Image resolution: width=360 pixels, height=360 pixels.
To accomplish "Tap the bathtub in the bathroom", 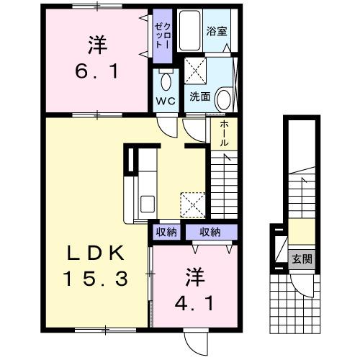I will [190, 30].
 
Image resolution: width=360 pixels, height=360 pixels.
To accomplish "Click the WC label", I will [166, 100].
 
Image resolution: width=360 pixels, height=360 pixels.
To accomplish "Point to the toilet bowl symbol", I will [166, 80].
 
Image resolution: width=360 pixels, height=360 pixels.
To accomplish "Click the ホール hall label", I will [224, 135].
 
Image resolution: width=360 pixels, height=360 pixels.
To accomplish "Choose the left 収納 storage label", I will [166, 232].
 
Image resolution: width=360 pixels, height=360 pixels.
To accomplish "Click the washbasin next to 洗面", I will [224, 98].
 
